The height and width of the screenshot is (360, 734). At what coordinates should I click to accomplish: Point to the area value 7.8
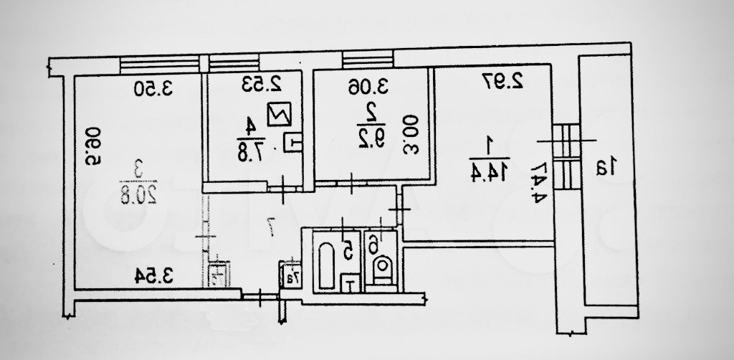click(x=251, y=150)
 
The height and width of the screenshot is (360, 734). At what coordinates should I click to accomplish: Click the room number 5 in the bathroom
click(x=348, y=250)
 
